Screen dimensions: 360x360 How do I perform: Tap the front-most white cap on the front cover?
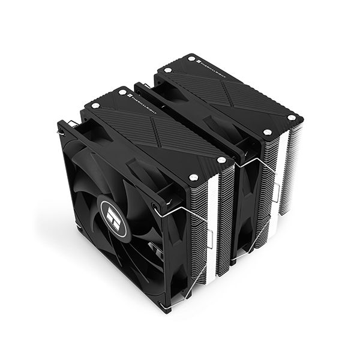pos(194,176)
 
